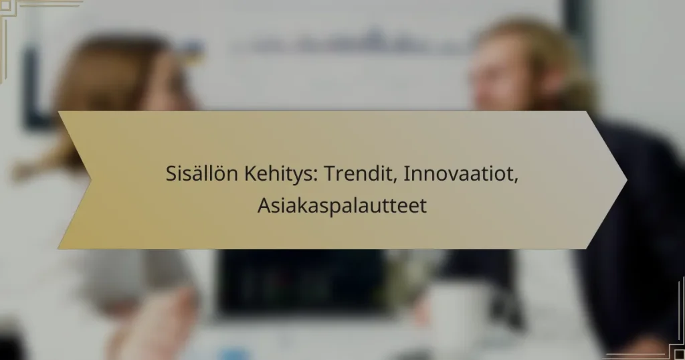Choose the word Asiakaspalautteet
point(342,205)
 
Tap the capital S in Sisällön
point(171,176)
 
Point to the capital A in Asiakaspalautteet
point(263,205)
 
